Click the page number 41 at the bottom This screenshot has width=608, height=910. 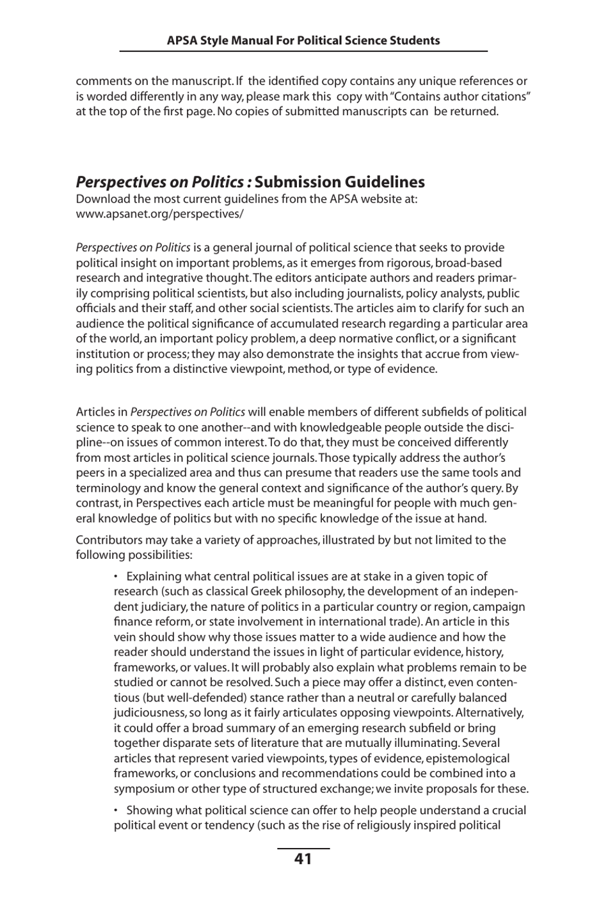coord(303,859)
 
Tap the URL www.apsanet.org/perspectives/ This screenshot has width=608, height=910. coord(159,214)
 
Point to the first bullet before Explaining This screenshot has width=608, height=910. coord(116,576)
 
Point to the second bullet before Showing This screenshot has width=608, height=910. coord(116,810)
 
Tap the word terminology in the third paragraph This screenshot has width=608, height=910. coord(105,488)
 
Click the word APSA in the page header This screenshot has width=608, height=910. coord(182,40)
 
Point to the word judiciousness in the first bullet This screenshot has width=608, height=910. coord(150,712)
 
